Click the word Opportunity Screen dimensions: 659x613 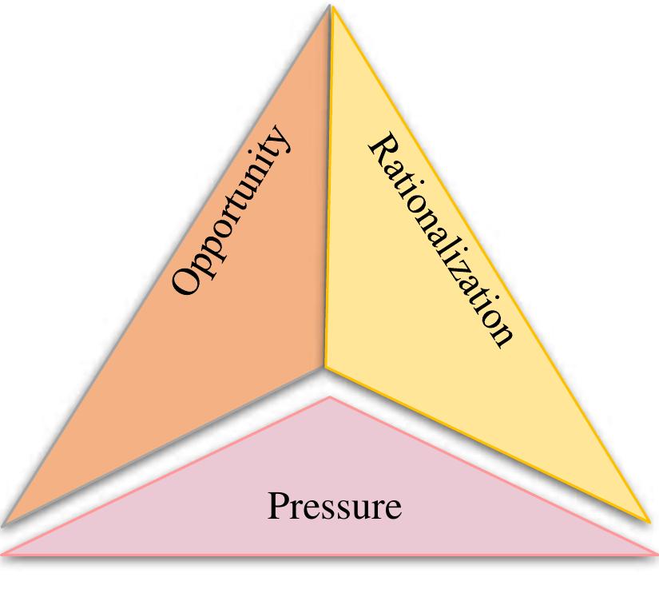coord(231,210)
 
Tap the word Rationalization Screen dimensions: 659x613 coord(441,241)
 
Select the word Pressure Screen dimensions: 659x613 coord(335,506)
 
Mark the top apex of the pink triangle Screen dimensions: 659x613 coord(331,396)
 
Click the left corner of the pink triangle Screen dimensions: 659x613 coord(2,555)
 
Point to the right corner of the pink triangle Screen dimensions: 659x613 coord(657,555)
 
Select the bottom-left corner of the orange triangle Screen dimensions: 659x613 coord(3,523)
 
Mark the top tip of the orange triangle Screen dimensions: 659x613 coord(329,6)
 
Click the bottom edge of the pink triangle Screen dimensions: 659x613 coord(330,555)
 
